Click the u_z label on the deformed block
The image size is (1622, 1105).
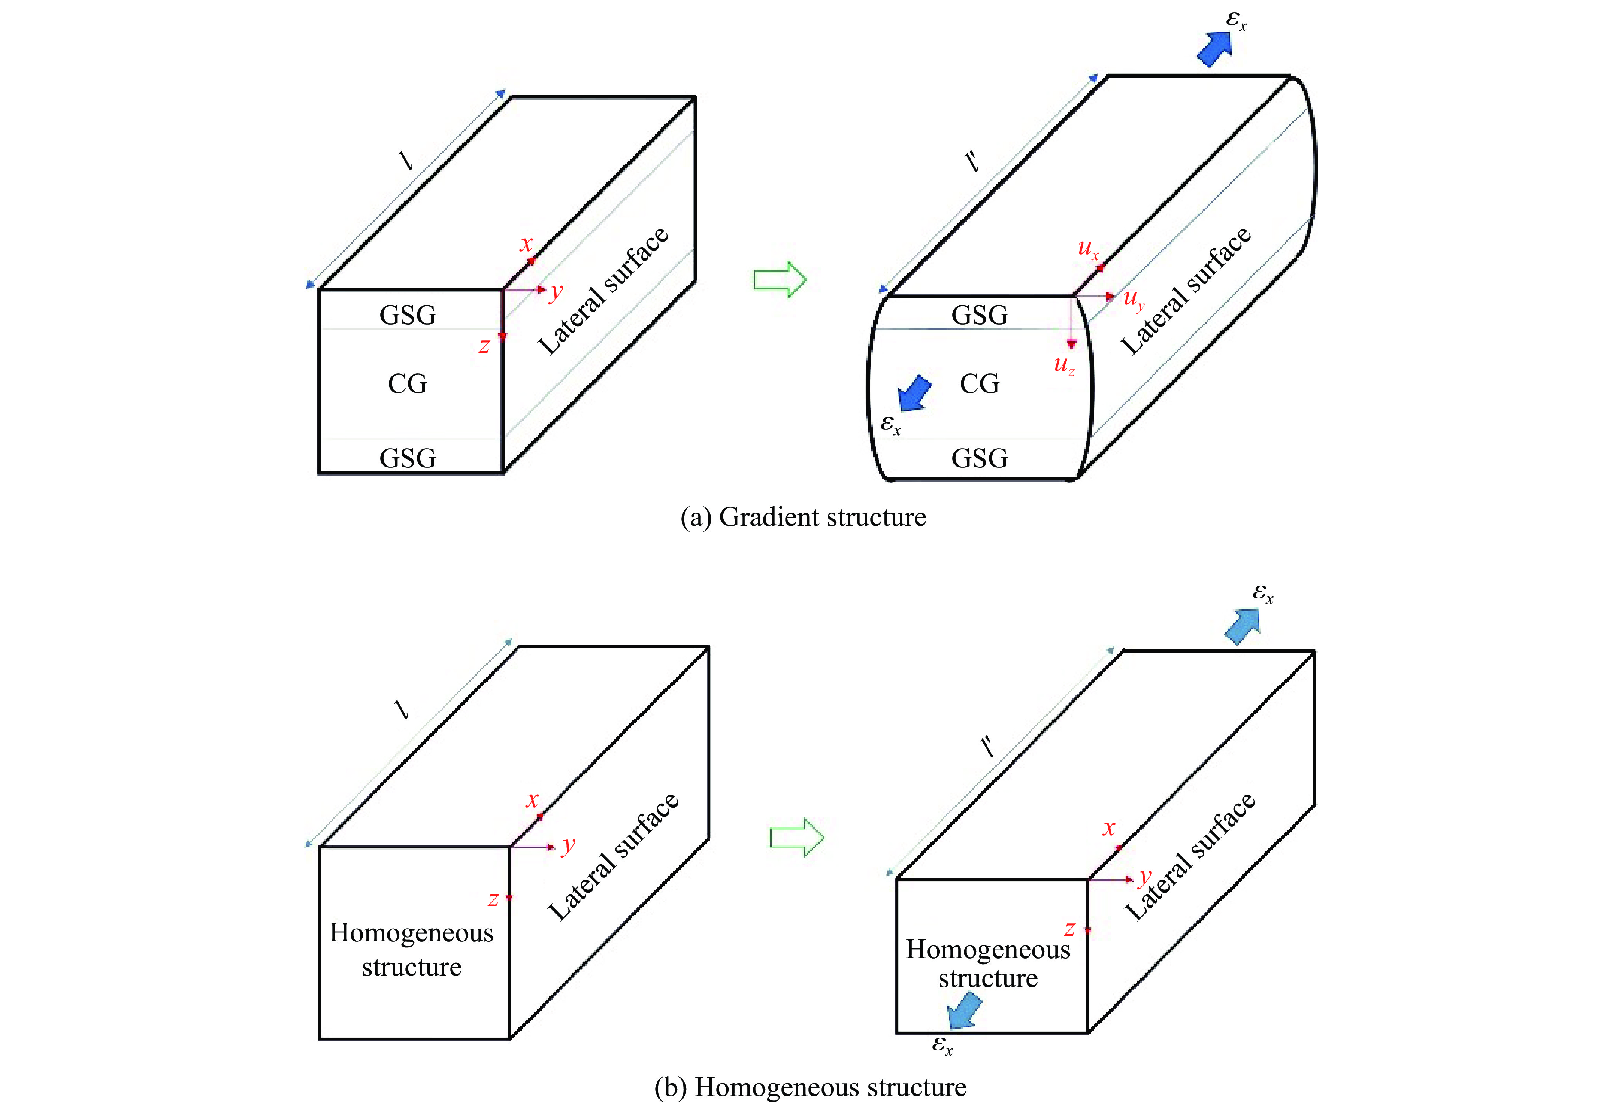pos(1064,365)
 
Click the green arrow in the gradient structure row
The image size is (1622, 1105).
pos(780,280)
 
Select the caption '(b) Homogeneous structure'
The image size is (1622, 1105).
pos(810,1087)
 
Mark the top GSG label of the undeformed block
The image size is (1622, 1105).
pos(408,315)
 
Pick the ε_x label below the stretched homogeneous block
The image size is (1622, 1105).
pos(942,1045)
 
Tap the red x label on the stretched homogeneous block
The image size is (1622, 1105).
pos(1108,829)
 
